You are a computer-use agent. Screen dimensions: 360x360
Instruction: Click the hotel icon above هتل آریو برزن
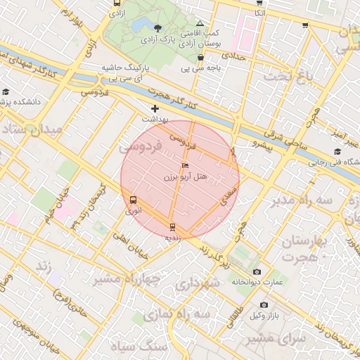[185, 166]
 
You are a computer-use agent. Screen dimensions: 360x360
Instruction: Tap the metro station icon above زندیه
[173, 226]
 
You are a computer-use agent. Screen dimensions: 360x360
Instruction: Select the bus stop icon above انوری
[133, 200]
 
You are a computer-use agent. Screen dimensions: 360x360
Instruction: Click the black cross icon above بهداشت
[155, 109]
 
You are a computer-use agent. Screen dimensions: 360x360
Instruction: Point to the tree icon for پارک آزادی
[157, 29]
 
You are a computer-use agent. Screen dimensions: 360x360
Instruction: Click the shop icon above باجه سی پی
[201, 58]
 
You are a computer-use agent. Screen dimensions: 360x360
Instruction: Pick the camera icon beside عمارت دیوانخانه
[256, 272]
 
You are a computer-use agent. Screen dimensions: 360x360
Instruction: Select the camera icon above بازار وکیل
[264, 305]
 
